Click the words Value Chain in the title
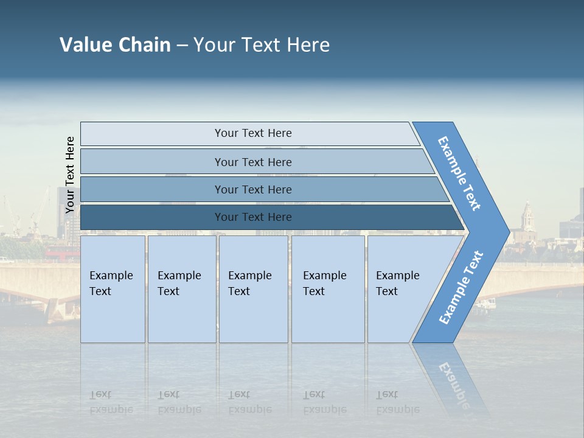(115, 45)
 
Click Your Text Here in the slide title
(262, 45)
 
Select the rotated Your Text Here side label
(70, 175)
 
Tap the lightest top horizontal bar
(252, 133)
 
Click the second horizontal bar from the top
(252, 162)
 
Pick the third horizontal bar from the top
(252, 189)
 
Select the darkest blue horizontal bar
(252, 217)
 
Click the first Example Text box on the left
(113, 288)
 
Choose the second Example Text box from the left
(181, 288)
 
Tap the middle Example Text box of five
(252, 288)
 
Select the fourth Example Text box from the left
(327, 288)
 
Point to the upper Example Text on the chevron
(459, 173)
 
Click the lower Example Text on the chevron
(461, 288)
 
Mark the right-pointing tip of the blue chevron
(507, 232)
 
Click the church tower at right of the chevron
(527, 216)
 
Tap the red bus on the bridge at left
(61, 252)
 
